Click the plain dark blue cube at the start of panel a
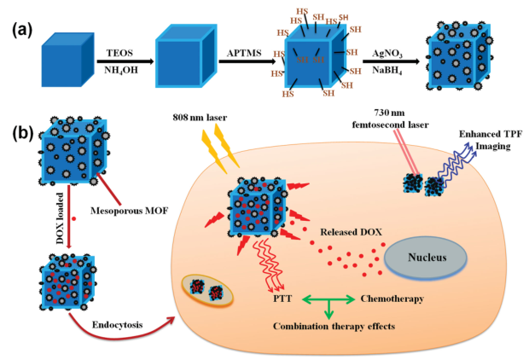pos(64,61)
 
